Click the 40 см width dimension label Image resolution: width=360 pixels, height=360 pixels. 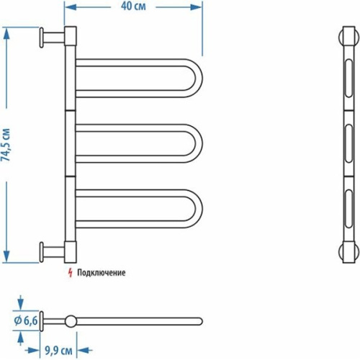point(133,6)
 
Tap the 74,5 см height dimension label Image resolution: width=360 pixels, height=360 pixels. point(6,145)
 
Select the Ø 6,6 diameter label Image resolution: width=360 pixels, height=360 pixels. point(26,320)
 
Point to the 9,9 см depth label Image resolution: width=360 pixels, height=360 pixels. point(58,351)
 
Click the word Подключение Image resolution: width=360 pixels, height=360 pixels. point(101,273)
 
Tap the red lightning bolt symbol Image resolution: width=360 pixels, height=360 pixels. point(70,273)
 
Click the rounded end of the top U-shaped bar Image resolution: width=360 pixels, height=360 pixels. point(199,78)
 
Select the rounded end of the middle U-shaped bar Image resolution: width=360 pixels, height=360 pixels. point(199,143)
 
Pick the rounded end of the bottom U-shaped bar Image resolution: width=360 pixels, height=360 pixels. point(199,209)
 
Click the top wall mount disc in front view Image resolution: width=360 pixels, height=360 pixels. point(42,37)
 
